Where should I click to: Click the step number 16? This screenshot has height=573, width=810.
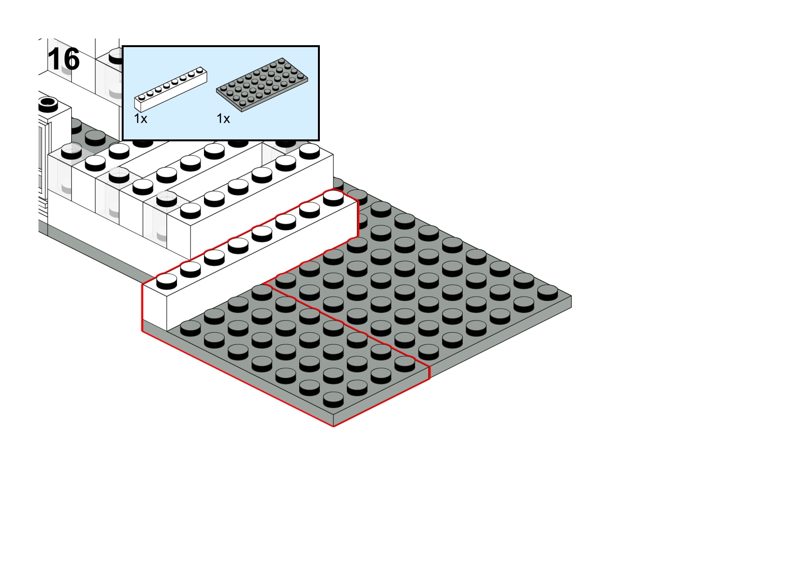click(63, 59)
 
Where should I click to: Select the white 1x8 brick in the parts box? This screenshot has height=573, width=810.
click(171, 89)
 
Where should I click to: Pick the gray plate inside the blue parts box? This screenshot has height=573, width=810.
click(262, 84)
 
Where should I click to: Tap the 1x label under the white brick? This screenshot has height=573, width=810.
click(140, 119)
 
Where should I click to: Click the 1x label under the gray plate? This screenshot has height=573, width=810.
click(224, 119)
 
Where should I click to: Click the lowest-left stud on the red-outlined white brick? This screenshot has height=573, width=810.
click(167, 281)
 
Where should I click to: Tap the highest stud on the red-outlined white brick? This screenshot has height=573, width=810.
click(333, 198)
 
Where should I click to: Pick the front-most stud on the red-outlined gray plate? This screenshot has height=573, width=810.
click(333, 399)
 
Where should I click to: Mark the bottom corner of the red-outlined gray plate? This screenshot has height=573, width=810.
click(333, 426)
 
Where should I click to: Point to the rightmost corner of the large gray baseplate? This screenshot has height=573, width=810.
click(572, 296)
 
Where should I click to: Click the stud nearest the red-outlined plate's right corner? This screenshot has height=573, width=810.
click(405, 364)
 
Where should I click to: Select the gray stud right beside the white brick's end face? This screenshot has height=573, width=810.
click(190, 328)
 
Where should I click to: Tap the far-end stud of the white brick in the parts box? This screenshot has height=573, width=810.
click(200, 70)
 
